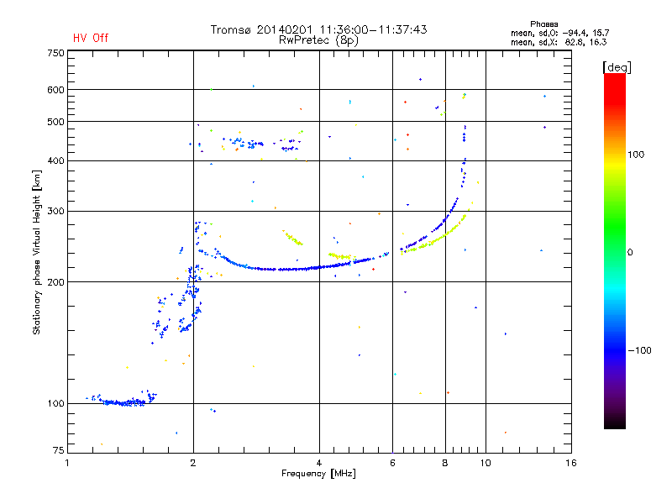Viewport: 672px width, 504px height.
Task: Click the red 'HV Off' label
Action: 91,38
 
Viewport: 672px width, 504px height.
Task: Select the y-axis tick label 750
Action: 55,53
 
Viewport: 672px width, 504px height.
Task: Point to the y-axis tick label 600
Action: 55,90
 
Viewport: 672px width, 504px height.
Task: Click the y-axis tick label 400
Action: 55,160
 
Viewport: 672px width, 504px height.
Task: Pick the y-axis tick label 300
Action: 55,211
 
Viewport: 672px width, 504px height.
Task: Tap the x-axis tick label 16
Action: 570,463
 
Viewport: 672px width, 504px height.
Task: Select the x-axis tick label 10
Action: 485,463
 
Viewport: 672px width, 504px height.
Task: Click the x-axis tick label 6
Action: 392,463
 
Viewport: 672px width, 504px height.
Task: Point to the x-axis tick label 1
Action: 67,463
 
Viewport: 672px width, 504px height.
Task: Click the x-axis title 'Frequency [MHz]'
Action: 318,474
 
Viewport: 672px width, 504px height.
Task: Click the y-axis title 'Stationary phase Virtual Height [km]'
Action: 37,253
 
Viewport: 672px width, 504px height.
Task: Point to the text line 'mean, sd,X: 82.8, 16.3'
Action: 559,41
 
